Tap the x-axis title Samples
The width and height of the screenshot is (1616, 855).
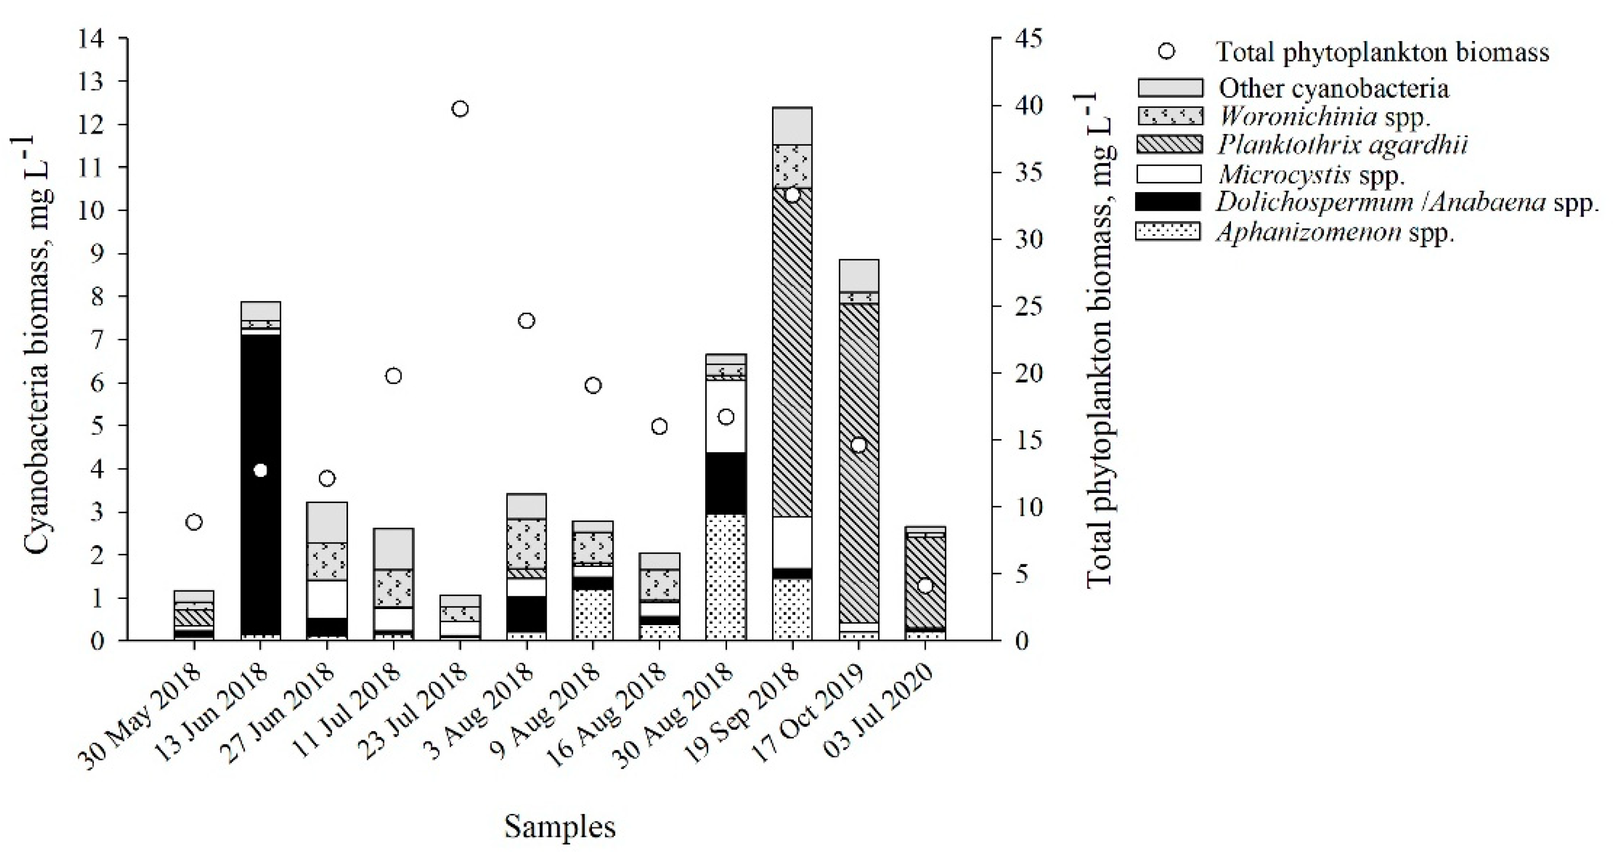559,826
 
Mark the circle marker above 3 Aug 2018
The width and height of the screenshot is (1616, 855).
526,321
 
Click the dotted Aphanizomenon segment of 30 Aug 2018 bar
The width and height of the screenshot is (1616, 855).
726,577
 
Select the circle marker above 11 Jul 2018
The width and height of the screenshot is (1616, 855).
393,376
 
